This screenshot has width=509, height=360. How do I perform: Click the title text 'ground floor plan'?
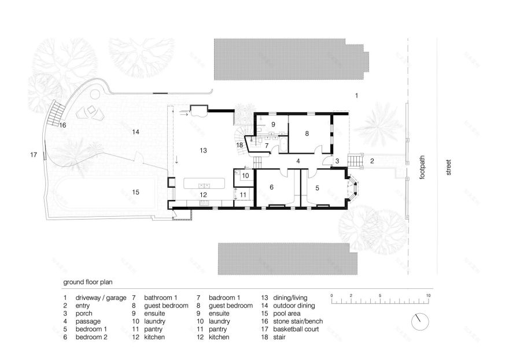pos(88,282)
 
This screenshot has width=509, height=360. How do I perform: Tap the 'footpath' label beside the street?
pos(422,168)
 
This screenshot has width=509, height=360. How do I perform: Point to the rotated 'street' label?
pos(449,168)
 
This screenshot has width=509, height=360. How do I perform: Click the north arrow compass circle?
pos(420,322)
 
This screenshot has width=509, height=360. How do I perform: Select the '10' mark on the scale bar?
pos(428,295)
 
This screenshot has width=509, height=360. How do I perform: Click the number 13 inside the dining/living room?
pos(203,150)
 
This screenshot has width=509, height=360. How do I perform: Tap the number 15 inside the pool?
pos(136,192)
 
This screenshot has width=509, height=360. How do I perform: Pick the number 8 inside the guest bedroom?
pos(307,133)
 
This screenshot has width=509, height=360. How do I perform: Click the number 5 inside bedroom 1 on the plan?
pos(317,188)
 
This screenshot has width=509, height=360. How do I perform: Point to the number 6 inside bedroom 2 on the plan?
pos(271,187)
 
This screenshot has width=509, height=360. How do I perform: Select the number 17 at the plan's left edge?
pos(34,155)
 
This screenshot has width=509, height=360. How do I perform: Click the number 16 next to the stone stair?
pos(62,125)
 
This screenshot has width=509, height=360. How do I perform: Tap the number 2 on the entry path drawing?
pos(372,161)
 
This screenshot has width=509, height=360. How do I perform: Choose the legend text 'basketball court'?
pos(296,329)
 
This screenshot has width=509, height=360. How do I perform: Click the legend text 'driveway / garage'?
pos(101,298)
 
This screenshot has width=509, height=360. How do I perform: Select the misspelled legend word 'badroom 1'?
pos(224,298)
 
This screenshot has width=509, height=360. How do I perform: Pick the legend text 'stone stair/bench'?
pos(298,321)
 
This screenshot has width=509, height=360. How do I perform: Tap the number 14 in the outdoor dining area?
pos(136,132)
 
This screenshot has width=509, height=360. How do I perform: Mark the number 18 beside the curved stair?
pos(239,145)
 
